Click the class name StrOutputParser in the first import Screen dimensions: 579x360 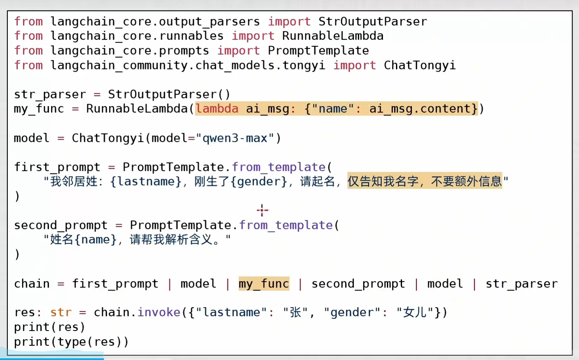(x=373, y=21)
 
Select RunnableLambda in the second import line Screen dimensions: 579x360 (x=333, y=36)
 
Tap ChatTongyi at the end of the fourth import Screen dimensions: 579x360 (x=419, y=65)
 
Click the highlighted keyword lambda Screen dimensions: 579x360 (x=217, y=108)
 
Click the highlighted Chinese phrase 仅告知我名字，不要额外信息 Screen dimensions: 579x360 (x=425, y=181)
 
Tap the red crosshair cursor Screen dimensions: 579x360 (x=262, y=211)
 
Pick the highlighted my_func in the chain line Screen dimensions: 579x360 (x=264, y=284)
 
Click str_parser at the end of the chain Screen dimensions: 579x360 (x=521, y=284)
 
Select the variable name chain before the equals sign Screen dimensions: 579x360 (x=32, y=284)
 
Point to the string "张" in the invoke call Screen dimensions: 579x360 (x=295, y=312)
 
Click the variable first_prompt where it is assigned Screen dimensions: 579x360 (x=57, y=167)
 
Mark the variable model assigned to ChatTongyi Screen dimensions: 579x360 (x=32, y=138)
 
